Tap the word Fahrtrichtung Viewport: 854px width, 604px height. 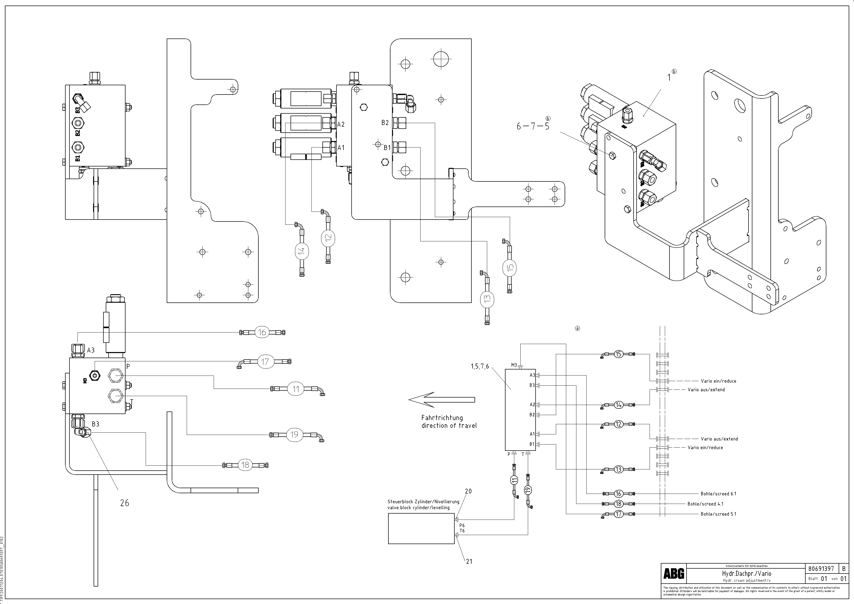442,418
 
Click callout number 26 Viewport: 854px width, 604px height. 125,503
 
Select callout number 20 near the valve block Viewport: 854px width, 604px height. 468,491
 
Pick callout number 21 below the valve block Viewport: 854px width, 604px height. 469,561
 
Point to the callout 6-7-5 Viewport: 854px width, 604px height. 533,126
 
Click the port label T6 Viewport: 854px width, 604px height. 462,531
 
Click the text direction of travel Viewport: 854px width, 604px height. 449,426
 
